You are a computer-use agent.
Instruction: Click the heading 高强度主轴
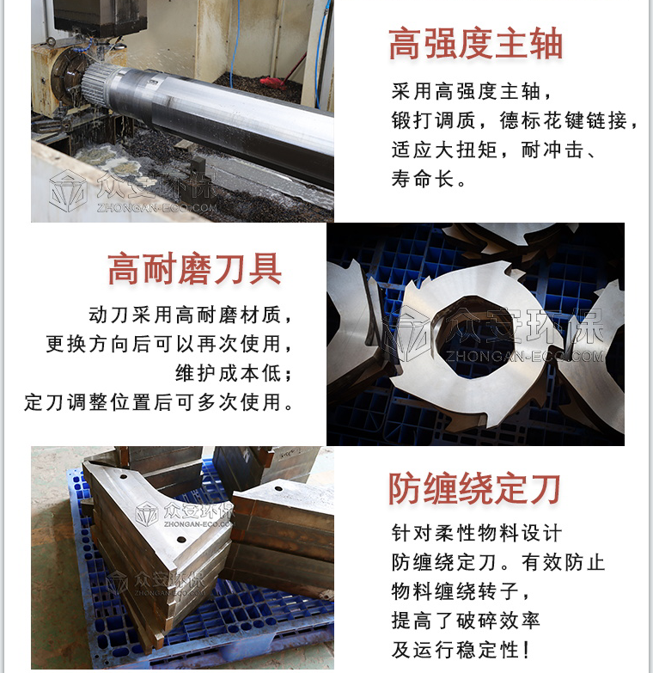click(x=475, y=43)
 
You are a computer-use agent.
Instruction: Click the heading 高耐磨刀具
click(x=194, y=269)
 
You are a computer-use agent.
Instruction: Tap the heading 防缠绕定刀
click(x=474, y=488)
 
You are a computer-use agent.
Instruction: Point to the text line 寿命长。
click(x=429, y=179)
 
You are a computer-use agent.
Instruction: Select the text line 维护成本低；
click(x=235, y=372)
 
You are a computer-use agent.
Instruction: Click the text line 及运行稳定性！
click(x=460, y=649)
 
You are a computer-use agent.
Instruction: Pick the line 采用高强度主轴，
click(x=473, y=91)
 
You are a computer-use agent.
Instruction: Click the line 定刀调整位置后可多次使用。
click(x=159, y=401)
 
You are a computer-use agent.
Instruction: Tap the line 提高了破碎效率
click(x=466, y=620)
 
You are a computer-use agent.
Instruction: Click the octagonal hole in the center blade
click(x=467, y=336)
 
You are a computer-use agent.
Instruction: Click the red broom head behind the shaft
click(x=273, y=82)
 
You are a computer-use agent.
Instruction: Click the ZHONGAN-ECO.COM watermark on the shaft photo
click(x=157, y=208)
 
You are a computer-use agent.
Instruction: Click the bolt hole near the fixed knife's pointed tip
click(x=181, y=540)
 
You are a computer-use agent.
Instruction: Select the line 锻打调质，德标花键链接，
click(x=515, y=120)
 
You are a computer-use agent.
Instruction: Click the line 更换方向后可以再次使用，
click(x=169, y=343)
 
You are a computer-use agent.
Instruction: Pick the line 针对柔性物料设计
click(x=477, y=533)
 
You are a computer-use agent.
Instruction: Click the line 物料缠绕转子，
click(x=461, y=590)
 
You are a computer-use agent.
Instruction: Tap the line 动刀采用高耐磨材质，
click(x=191, y=315)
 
